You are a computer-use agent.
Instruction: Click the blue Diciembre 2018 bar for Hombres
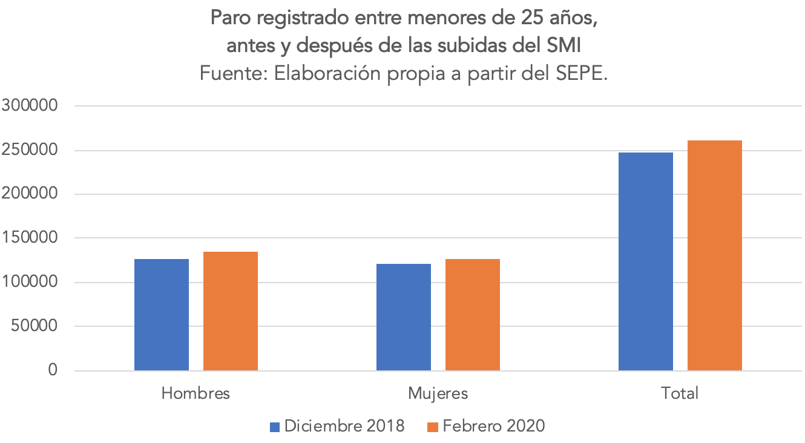(162, 315)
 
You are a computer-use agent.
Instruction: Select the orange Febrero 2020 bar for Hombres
(231, 311)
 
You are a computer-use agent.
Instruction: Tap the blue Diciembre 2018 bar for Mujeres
(404, 317)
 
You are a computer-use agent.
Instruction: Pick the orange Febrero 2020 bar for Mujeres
(473, 315)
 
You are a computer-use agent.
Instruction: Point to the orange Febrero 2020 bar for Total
(715, 255)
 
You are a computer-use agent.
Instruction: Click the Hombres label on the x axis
(195, 393)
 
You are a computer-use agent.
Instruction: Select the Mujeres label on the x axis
(438, 393)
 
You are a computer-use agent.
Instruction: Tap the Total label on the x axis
(680, 393)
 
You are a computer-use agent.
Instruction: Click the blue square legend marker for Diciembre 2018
(275, 427)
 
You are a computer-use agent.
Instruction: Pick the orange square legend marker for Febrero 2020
(432, 427)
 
